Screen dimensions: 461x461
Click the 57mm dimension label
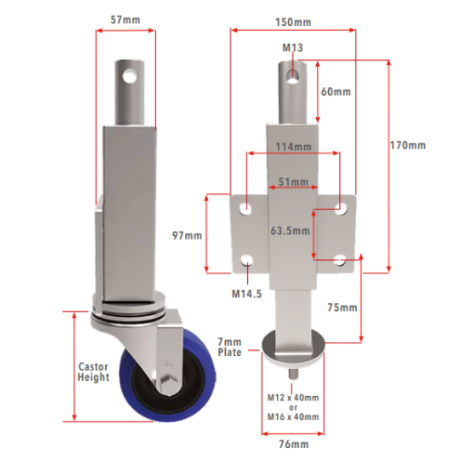(x=125, y=20)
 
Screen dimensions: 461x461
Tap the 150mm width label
(x=293, y=22)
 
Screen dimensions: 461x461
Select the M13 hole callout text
(x=293, y=47)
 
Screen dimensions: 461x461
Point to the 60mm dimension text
(x=336, y=92)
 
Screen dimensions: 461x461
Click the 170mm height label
(x=408, y=145)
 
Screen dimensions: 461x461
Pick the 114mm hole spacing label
(x=294, y=147)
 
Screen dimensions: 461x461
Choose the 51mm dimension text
(x=293, y=182)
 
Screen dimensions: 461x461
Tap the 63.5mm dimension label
(x=290, y=230)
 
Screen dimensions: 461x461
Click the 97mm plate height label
(x=187, y=236)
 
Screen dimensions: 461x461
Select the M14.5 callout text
(x=246, y=294)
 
